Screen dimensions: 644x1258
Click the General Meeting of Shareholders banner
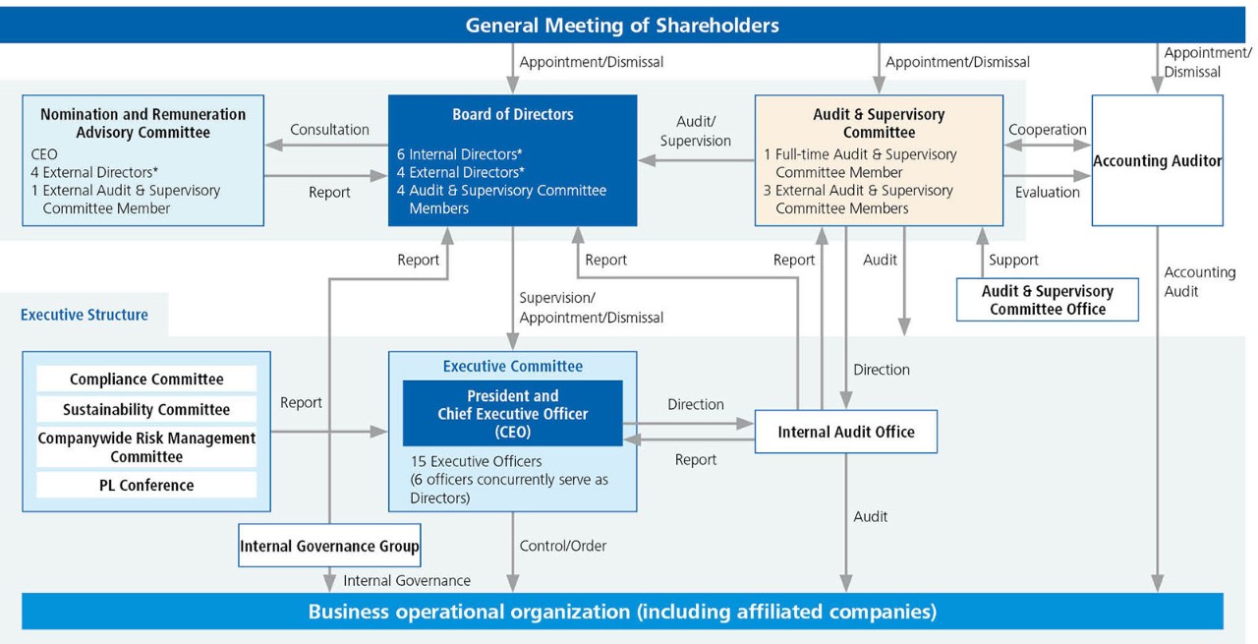coord(621,25)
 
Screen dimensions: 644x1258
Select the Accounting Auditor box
coord(1157,160)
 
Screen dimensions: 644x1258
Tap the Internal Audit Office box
coord(845,432)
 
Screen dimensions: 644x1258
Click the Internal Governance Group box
coord(329,546)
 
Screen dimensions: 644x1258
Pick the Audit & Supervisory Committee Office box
coord(1047,300)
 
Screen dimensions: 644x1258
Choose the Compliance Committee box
coord(146,380)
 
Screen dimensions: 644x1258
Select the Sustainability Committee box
coord(146,409)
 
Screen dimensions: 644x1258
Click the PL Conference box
coord(146,485)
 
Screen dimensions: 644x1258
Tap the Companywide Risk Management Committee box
coord(146,447)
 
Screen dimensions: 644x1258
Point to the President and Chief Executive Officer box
coord(512,413)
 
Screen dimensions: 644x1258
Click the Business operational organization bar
coord(622,612)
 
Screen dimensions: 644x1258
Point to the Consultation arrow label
coord(329,130)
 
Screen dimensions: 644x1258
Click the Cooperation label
coord(1048,130)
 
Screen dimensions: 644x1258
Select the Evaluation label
coord(1048,193)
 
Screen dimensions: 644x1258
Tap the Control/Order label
coord(563,546)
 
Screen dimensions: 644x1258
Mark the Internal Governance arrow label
coord(406,581)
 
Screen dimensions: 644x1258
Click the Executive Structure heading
coord(85,316)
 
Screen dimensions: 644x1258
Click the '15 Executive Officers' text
coord(476,461)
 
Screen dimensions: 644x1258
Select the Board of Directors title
coord(512,114)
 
